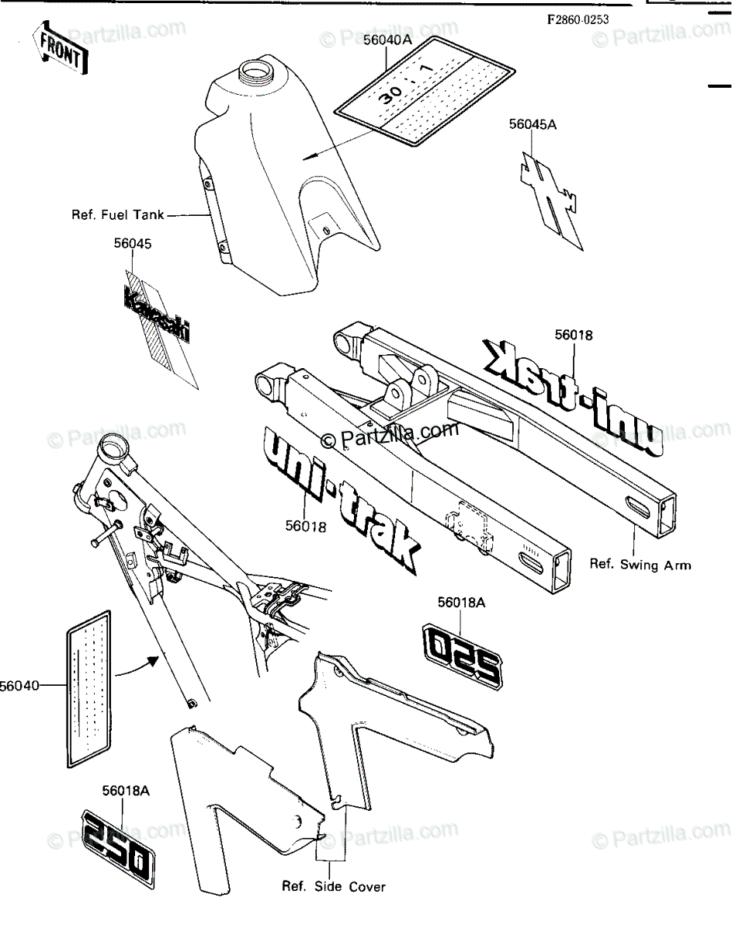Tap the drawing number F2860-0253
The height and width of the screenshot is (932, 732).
578,20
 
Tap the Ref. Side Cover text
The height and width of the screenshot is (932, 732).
333,886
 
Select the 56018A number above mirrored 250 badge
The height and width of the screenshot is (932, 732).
462,602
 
